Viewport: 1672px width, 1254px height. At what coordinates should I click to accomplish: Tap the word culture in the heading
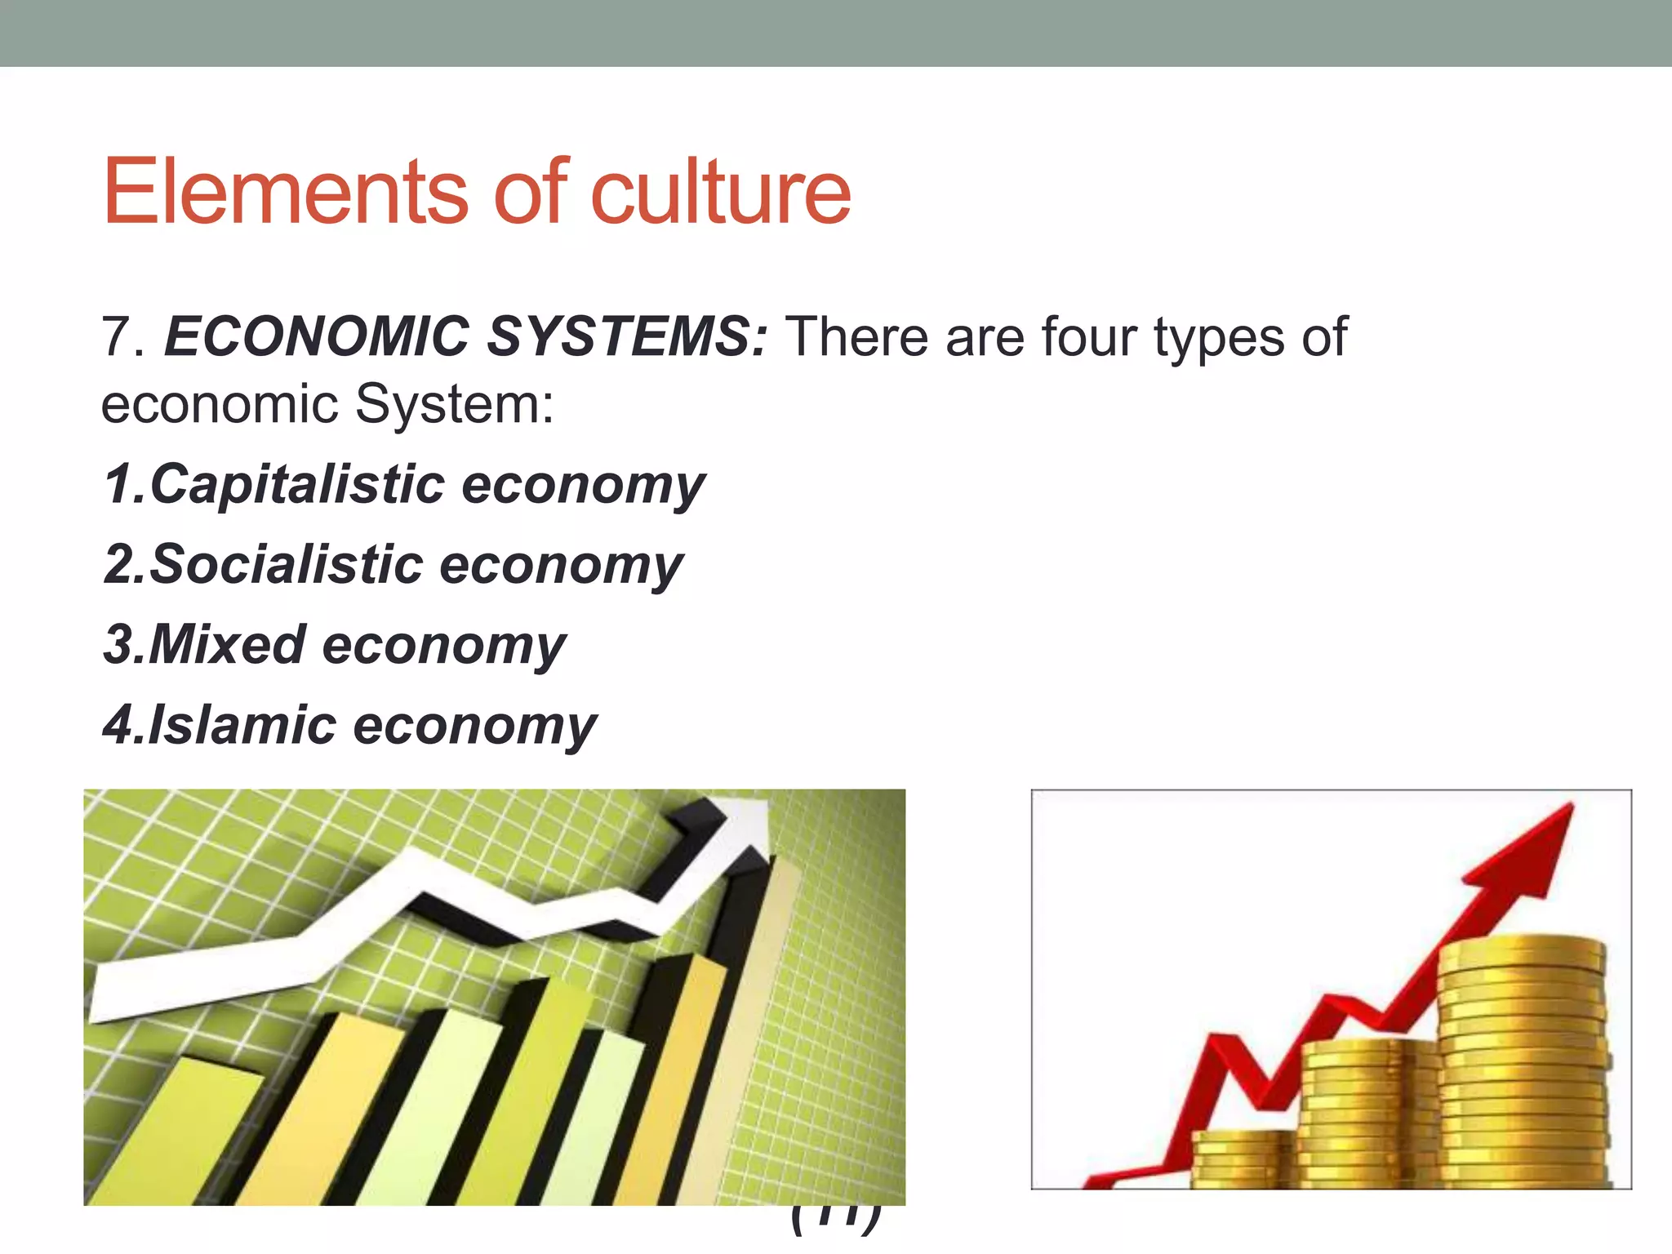click(x=720, y=192)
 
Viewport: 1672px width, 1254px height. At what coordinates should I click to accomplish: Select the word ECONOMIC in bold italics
click(x=316, y=336)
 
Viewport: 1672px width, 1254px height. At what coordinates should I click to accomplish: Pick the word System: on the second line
click(x=454, y=404)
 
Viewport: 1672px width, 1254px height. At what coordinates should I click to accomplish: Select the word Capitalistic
click(x=297, y=485)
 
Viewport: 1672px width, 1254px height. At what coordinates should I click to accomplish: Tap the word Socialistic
click(x=287, y=565)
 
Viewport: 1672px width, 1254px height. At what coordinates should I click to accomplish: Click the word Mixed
click(x=228, y=645)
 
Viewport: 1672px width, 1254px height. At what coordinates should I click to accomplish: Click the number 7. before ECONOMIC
click(x=123, y=336)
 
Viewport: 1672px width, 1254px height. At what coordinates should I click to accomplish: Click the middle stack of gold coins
click(x=1367, y=1110)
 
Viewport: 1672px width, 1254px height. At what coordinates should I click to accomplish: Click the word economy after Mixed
click(x=443, y=645)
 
